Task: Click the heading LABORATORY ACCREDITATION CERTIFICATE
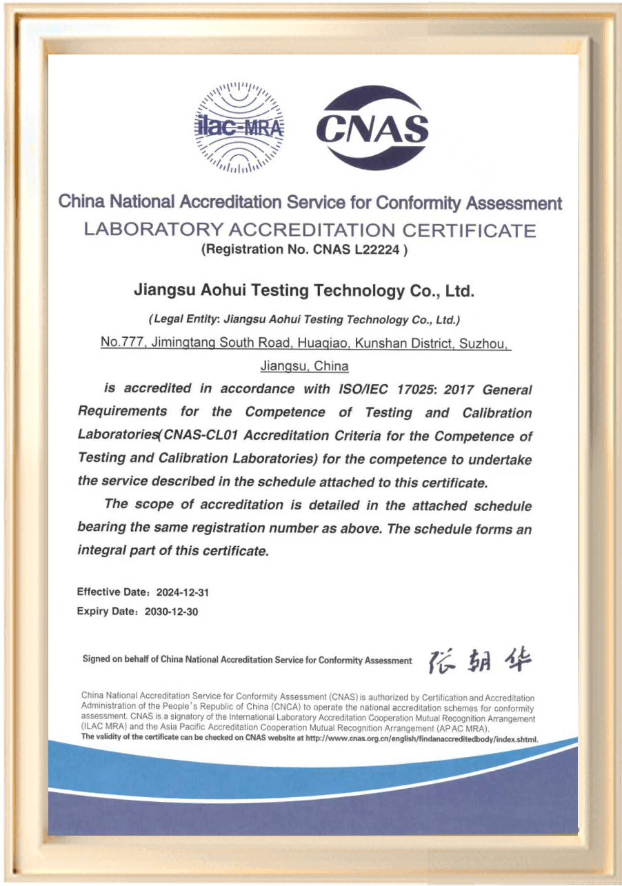pos(310,230)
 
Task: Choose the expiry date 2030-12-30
pos(172,612)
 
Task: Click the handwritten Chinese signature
pos(480,661)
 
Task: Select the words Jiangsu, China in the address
pos(304,365)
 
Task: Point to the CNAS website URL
pos(421,738)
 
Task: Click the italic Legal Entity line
pos(304,320)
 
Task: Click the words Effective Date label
pos(112,592)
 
